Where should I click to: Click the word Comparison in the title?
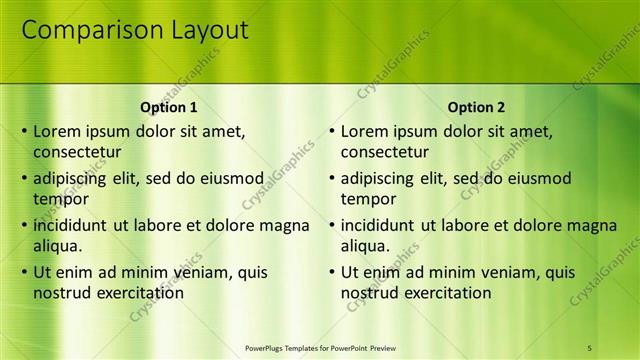click(x=86, y=31)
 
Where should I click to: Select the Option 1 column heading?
click(x=169, y=107)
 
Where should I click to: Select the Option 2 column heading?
click(x=477, y=107)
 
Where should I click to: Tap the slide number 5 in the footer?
click(x=589, y=347)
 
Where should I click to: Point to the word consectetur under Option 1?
click(x=77, y=153)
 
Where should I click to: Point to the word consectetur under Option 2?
click(x=385, y=153)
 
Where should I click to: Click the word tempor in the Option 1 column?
click(x=61, y=199)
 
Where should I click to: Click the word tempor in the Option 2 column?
click(x=369, y=199)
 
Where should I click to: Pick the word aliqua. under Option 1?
click(x=57, y=246)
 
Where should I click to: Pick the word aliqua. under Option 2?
click(x=365, y=246)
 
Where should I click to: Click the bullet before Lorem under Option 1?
click(x=24, y=131)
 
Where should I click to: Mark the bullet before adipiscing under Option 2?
click(x=332, y=178)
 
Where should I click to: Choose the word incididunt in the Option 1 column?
click(x=71, y=225)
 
